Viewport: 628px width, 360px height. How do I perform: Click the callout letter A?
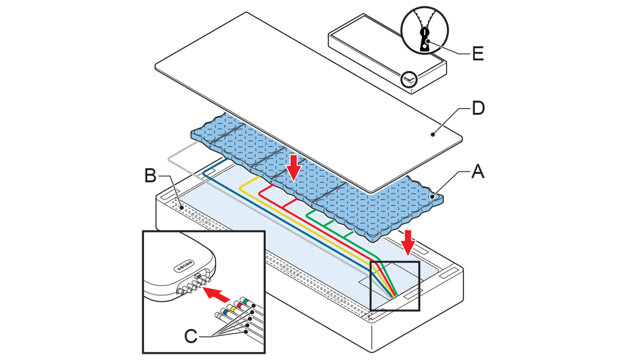point(478,171)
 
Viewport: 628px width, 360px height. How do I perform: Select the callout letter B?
point(150,176)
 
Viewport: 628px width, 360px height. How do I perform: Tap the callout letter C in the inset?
point(191,336)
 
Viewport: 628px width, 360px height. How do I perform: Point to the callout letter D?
point(478,108)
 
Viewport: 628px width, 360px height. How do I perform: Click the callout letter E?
point(478,53)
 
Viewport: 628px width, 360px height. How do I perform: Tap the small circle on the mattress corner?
point(409,79)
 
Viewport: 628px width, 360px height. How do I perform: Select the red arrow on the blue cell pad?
point(294,167)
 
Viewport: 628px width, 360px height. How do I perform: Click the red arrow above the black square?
point(408,242)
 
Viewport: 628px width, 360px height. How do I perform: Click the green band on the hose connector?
point(246,300)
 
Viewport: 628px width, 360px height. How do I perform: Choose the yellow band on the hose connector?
point(233,309)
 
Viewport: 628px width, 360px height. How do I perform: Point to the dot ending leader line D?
point(433,134)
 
